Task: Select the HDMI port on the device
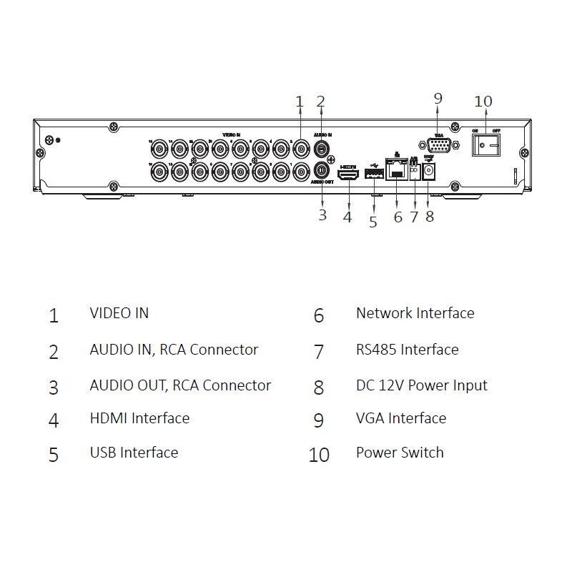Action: pos(348,172)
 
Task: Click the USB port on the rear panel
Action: pos(373,172)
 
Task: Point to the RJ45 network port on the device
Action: pos(396,172)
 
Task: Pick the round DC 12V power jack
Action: pos(430,172)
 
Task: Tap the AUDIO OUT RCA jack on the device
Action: pos(322,171)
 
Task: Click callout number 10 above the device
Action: pos(483,102)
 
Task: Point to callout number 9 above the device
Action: pos(438,98)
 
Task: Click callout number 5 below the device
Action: pos(373,222)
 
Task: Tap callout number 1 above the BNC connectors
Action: pos(300,102)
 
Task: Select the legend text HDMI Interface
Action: pos(139,418)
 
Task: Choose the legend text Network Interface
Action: pos(415,313)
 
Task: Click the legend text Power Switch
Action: pos(400,453)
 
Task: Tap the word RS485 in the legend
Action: pos(376,350)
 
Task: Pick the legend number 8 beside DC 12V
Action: pos(319,387)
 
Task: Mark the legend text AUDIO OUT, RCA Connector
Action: pos(180,385)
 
